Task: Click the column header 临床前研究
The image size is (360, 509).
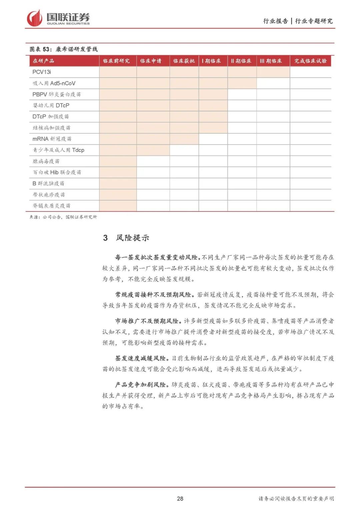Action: coord(116,61)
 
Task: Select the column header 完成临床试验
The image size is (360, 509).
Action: coord(310,61)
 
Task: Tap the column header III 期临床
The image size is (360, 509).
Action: coord(271,61)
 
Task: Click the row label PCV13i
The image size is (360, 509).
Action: coord(42,72)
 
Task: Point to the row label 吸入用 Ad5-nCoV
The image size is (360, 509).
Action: coord(54,83)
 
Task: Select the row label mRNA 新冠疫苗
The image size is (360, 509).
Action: coord(52,139)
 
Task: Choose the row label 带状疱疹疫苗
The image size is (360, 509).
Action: coord(49,195)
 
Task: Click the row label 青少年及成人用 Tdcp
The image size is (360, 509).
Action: coord(58,150)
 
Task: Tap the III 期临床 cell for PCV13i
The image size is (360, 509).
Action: coord(273,72)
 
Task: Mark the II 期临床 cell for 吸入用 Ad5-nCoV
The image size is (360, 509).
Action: coord(242,83)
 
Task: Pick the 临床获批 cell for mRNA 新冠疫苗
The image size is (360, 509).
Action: coord(184,139)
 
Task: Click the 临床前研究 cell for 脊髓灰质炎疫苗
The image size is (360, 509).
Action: coord(118,206)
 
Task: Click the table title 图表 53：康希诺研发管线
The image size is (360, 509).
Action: coord(63,49)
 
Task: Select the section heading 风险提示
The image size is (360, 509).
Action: coord(132,238)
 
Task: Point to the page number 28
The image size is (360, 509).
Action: coord(180,498)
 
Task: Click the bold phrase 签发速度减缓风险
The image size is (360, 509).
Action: coord(140,358)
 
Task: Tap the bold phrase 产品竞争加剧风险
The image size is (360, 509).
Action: coord(140,385)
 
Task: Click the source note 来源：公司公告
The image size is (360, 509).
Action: coord(45,217)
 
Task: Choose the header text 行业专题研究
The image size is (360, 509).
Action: coord(314,21)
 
